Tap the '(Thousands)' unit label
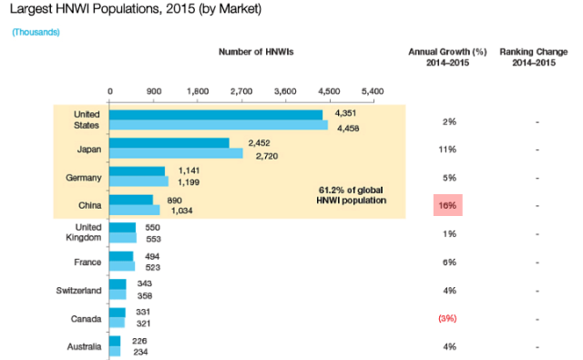(x=36, y=33)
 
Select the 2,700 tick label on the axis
(x=241, y=91)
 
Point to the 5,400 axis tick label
(x=373, y=91)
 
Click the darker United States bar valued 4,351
(x=216, y=115)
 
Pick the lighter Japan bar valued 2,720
(x=176, y=153)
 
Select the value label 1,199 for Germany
(x=189, y=182)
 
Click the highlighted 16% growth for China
(x=447, y=205)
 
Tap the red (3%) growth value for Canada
(x=447, y=319)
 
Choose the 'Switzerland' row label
(x=79, y=291)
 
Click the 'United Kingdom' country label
(x=84, y=232)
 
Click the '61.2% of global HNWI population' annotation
(x=351, y=195)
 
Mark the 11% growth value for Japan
(x=447, y=149)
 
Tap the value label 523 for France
(x=153, y=267)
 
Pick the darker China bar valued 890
(x=131, y=200)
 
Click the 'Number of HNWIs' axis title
(x=256, y=52)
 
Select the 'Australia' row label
(x=85, y=346)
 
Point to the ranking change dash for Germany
(x=537, y=179)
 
